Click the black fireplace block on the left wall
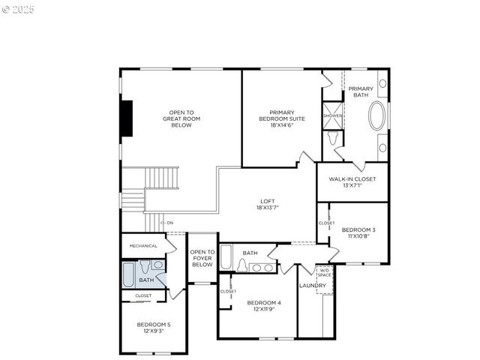coord(127,118)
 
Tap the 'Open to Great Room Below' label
coord(181,119)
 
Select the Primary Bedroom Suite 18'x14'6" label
coord(281,119)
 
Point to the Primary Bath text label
coord(360,91)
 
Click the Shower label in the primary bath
coord(332,115)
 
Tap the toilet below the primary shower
coord(333,138)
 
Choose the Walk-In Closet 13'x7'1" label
coord(352,181)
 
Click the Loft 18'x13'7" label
coord(267,205)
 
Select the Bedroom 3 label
coord(358,232)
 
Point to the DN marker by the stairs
coord(169,223)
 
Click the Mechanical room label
coord(143,246)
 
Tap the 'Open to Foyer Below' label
coord(202,259)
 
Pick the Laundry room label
coord(312,286)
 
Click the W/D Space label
coord(324,272)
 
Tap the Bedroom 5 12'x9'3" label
coord(153,327)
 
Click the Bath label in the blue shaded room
coord(145,280)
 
